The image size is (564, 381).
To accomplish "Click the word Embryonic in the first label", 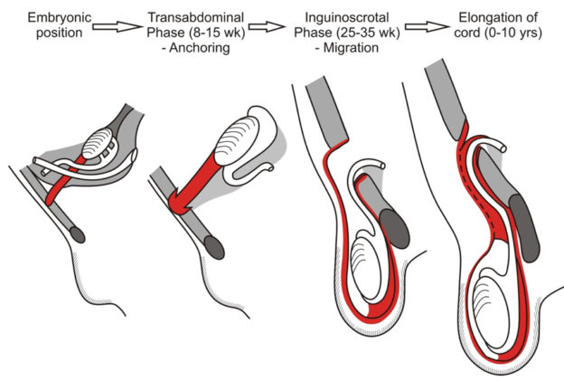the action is tap(60, 17).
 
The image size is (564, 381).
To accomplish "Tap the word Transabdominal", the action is tap(196, 17).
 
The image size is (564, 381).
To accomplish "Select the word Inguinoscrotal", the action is tap(347, 17).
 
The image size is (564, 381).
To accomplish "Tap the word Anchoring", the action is tap(200, 48).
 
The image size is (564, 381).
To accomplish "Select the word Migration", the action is tap(351, 48).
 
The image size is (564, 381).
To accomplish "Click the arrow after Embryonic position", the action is tap(117, 26).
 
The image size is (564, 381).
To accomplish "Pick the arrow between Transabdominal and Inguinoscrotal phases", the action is tap(267, 26).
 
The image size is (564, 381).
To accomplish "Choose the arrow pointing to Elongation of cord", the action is tap(428, 26).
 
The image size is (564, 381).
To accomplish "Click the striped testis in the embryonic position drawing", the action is tap(97, 144).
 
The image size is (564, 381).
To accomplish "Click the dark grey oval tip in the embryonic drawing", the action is tap(78, 234).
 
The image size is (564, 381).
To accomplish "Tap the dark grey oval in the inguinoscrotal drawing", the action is tap(395, 229).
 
